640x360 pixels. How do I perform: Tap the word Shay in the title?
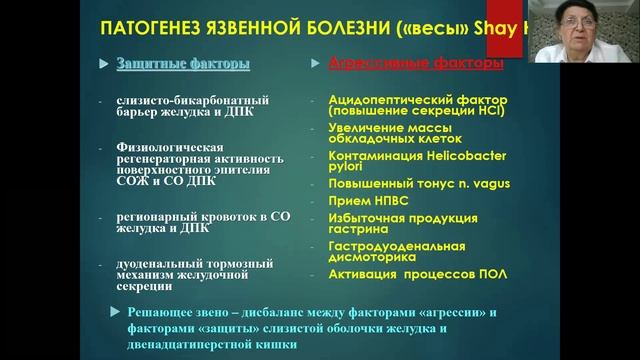point(502,28)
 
